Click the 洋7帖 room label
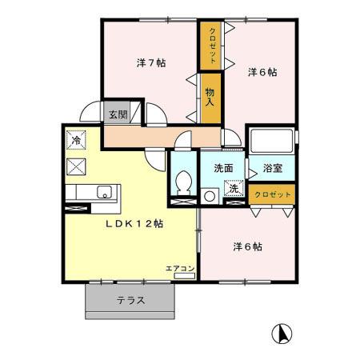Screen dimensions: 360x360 [x=150, y=63]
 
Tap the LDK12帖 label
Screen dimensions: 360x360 [x=134, y=225]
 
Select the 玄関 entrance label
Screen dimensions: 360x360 [x=118, y=114]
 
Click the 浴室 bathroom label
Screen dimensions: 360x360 [x=273, y=168]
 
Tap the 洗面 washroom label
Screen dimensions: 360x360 [x=222, y=168]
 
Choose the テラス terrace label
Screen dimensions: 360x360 [x=130, y=301]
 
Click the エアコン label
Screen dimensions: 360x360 [x=180, y=269]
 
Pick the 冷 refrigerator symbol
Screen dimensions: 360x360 [x=76, y=138]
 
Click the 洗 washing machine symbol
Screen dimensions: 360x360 [x=234, y=189]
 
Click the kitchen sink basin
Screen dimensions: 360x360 [x=103, y=191]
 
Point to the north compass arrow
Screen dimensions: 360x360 [x=282, y=331]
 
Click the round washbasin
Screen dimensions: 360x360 [x=210, y=194]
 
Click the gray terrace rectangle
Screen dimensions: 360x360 [x=130, y=301]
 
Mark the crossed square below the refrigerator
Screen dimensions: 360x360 [x=78, y=166]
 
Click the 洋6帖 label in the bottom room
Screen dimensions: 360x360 [x=247, y=246]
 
